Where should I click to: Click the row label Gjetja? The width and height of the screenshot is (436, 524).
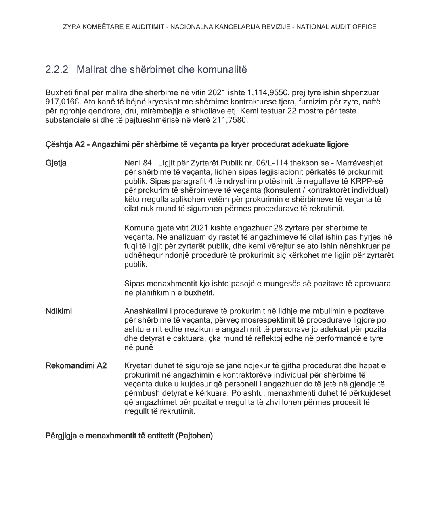pos(56,163)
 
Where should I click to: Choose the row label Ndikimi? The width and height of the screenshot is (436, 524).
pos(59,311)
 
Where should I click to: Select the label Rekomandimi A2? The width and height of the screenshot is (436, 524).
pos(76,366)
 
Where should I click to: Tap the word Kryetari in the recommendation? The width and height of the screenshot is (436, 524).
pos(137,366)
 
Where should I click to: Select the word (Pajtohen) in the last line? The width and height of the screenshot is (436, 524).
pos(194,436)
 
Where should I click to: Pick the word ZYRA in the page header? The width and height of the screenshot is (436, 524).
pos(71,27)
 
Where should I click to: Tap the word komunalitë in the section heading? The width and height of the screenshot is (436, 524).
pos(222,69)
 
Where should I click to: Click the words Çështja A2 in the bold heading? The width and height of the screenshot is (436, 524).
pos(65,144)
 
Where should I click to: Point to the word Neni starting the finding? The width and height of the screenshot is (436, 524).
pos(132,163)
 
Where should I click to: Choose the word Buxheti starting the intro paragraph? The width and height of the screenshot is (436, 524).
pos(59,93)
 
